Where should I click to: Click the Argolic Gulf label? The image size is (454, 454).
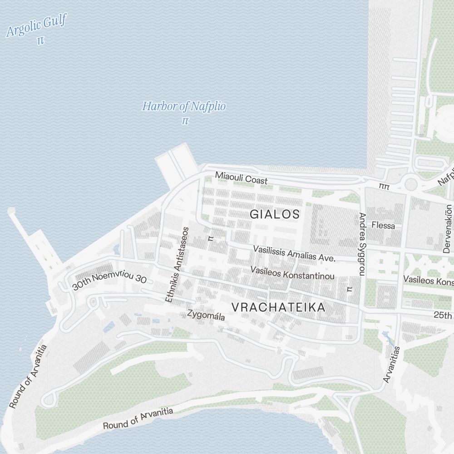tap(37, 26)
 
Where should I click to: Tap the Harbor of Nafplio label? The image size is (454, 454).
tap(184, 107)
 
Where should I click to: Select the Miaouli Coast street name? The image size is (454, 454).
tap(241, 178)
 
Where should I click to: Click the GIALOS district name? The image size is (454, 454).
tap(275, 214)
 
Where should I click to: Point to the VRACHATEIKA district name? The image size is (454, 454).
tap(278, 307)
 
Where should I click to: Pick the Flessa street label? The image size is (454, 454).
tap(383, 225)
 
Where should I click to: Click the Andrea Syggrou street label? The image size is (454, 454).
tap(362, 244)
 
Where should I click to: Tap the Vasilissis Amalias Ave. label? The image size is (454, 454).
tap(294, 253)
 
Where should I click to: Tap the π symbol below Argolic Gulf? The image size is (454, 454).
tap(40, 40)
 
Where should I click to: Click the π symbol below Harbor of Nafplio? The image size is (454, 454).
tap(185, 121)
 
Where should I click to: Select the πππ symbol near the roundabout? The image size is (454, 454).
tap(385, 186)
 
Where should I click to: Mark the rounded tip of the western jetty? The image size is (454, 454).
tap(11, 210)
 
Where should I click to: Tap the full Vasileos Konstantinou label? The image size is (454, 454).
tap(293, 273)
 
